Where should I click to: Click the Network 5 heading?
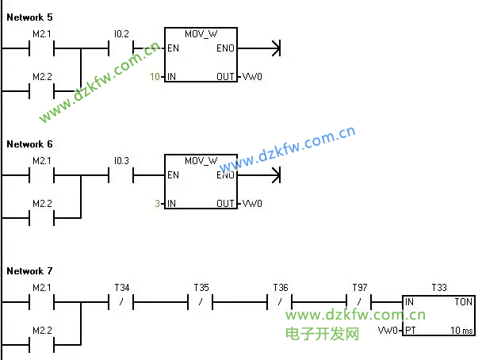click(x=29, y=17)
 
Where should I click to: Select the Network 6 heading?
click(x=29, y=144)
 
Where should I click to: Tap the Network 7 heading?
click(x=29, y=271)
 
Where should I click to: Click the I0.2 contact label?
click(x=121, y=34)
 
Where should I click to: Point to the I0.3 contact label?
click(x=121, y=161)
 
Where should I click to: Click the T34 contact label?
click(x=121, y=287)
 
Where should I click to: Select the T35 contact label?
click(x=201, y=287)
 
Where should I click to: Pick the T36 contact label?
click(x=280, y=287)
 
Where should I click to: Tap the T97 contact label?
click(x=359, y=287)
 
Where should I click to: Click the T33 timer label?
click(x=438, y=287)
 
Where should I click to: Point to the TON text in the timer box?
click(x=463, y=302)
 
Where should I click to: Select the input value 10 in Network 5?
click(x=155, y=77)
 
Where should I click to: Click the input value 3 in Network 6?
click(x=158, y=204)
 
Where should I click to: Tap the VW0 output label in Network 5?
click(x=252, y=77)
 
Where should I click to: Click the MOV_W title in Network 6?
click(x=201, y=161)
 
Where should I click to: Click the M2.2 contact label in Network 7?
click(x=41, y=330)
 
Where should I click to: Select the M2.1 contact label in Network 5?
click(x=41, y=34)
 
